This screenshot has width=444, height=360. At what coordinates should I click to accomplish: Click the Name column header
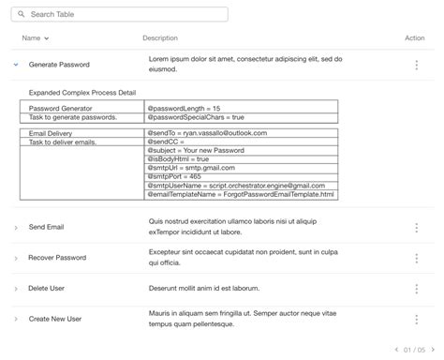click(x=35, y=38)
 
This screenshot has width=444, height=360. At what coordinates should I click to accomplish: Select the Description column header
click(x=160, y=38)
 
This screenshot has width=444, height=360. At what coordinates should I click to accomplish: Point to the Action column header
click(x=414, y=38)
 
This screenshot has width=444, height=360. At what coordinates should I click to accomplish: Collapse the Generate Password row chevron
click(x=16, y=65)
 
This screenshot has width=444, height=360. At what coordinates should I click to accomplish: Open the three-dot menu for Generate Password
click(x=416, y=65)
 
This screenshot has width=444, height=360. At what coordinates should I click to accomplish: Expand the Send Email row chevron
click(x=16, y=228)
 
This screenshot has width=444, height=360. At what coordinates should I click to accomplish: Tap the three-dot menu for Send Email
click(x=416, y=227)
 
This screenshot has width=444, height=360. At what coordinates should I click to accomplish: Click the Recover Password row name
click(x=57, y=258)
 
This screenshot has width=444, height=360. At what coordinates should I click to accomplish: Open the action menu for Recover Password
click(x=416, y=258)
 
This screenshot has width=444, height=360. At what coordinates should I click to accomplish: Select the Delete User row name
click(x=51, y=289)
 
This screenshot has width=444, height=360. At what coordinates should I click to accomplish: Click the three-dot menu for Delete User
click(x=416, y=289)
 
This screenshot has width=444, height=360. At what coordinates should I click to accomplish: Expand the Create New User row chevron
click(x=16, y=320)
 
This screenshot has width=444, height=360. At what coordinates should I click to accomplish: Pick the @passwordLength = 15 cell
click(x=185, y=109)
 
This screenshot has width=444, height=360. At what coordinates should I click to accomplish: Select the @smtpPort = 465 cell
click(x=174, y=176)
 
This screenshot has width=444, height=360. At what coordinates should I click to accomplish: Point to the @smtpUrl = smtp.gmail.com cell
click(x=191, y=168)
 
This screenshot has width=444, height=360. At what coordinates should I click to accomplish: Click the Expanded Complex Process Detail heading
click(x=82, y=94)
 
